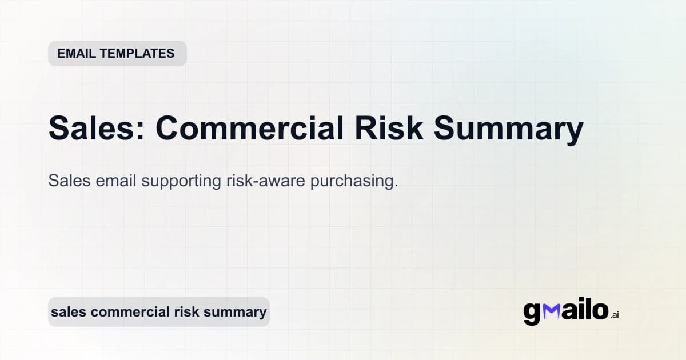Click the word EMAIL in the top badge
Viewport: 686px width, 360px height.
pos(75,54)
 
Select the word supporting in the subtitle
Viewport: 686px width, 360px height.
pos(180,182)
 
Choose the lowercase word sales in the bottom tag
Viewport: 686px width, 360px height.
pos(69,312)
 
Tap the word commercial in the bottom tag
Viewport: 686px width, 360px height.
pos(130,312)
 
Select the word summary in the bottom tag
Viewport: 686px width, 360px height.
pos(237,313)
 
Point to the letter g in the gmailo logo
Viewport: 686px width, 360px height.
pos(532,313)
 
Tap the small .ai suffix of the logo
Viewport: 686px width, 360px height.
pos(614,315)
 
